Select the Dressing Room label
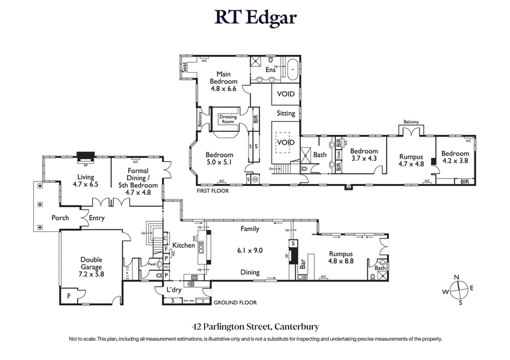pos(228,119)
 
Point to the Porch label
pos(61,218)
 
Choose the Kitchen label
pos(183,245)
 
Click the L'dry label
pos(175,290)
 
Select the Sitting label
pos(286,113)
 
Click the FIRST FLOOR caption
pos(212,190)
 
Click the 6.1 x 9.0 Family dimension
pos(249,250)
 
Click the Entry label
pos(97,218)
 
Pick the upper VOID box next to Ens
pos(286,93)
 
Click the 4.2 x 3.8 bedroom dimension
pos(455,161)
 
